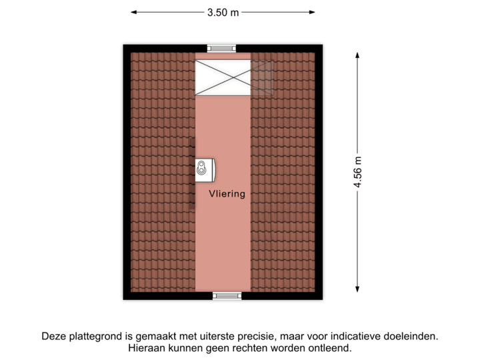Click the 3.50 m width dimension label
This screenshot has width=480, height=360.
click(223, 12)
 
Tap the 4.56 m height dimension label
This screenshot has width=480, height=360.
click(358, 173)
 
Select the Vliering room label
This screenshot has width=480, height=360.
click(227, 194)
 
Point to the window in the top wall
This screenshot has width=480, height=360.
click(221, 48)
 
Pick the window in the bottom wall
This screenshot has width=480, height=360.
click(227, 296)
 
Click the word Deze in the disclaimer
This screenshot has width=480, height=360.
click(54, 336)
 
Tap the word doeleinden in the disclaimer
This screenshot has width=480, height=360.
click(415, 336)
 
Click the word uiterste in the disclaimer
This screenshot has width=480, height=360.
click(215, 336)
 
